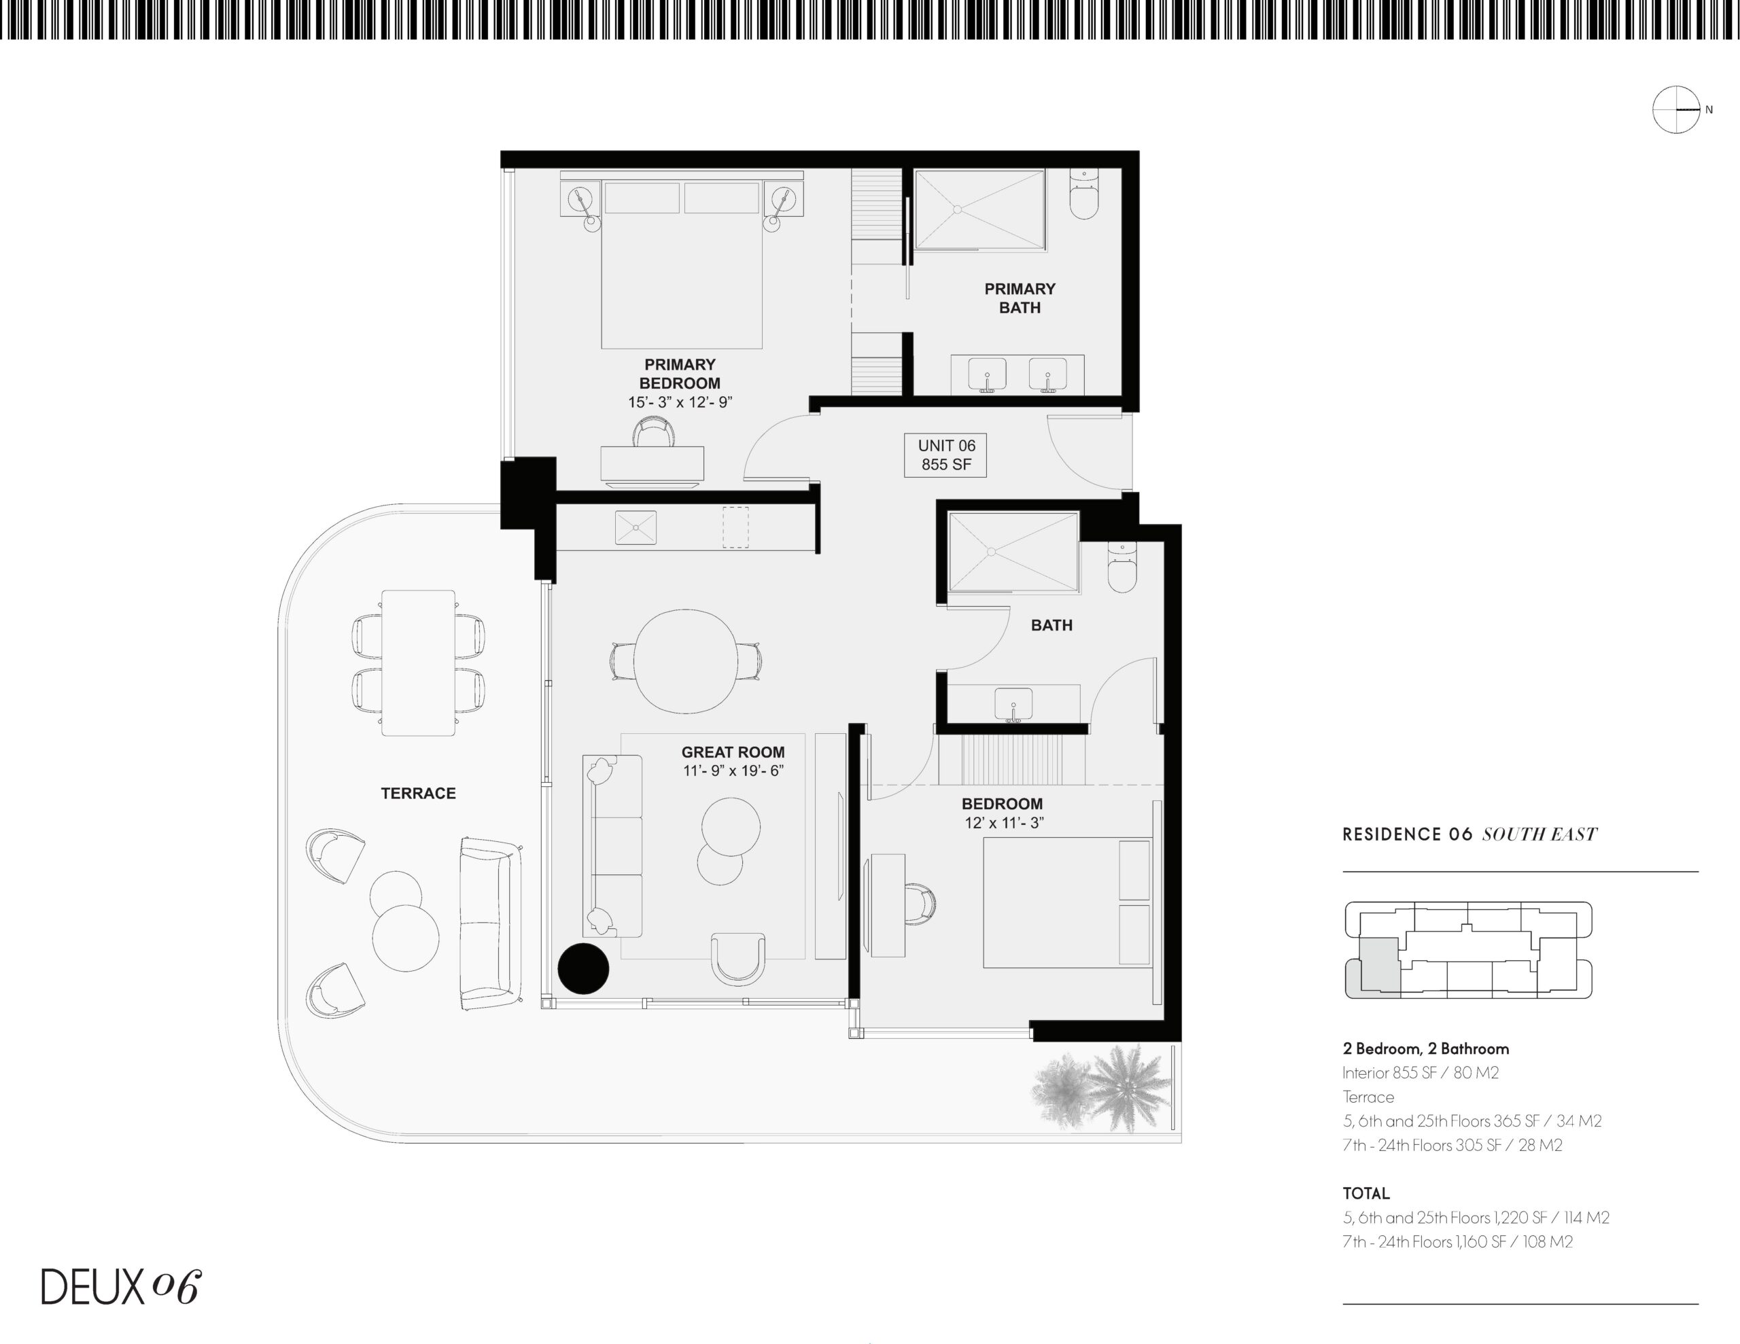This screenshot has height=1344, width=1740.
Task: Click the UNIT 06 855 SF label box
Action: (x=945, y=455)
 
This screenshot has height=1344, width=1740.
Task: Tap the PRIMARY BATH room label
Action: (x=1020, y=298)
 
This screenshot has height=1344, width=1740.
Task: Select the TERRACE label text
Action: (x=418, y=794)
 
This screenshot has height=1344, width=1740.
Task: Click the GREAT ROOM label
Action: (x=733, y=752)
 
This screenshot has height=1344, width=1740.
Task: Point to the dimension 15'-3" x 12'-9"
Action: (x=680, y=402)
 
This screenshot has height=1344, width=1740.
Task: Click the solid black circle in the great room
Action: (x=583, y=969)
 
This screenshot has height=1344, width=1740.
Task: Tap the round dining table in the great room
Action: (x=685, y=661)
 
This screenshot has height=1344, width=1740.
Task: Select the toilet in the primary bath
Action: (x=1084, y=195)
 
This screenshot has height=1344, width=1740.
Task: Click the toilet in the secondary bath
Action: (x=1121, y=568)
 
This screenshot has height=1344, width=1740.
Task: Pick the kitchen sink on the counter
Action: (x=636, y=527)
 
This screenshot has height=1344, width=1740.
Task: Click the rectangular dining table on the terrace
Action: (x=418, y=663)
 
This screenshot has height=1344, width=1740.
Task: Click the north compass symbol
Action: (x=1676, y=109)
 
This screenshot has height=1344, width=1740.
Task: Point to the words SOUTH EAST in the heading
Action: (x=1539, y=835)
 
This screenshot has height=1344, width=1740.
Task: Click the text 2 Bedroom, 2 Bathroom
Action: (x=1425, y=1048)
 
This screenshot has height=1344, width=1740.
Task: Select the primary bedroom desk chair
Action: (x=652, y=434)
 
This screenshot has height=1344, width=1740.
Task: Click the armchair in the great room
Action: (x=737, y=957)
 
